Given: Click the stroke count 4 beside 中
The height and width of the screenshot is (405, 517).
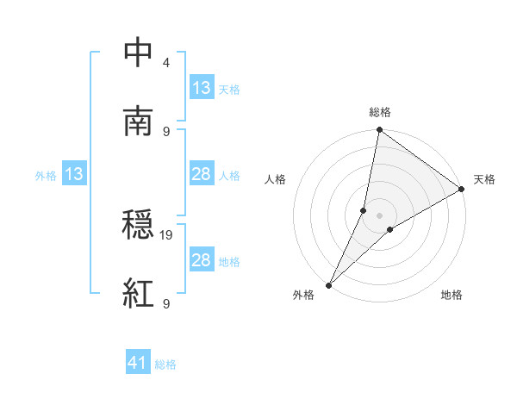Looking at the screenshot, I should [166, 63].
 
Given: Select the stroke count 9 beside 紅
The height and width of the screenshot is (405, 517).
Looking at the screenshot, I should [166, 304].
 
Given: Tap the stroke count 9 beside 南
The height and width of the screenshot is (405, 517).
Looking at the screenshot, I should [166, 131].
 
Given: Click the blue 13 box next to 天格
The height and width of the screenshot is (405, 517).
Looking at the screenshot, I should [202, 88].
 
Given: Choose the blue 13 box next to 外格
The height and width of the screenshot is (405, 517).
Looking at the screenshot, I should [74, 175].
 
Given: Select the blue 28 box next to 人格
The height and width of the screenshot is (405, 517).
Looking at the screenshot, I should [202, 175].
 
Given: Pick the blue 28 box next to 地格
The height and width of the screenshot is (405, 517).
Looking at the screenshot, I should [202, 260].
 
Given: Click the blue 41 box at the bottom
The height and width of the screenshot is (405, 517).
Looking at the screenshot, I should [138, 363].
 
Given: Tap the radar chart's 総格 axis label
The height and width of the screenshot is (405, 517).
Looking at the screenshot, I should [380, 112].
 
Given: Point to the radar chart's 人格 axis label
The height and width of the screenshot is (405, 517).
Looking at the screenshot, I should [276, 179].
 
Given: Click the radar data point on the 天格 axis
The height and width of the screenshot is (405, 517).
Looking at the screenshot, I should [462, 190].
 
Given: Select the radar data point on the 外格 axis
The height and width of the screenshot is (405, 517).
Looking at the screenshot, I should [329, 284].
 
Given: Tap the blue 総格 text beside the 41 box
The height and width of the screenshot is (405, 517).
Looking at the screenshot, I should [165, 364].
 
